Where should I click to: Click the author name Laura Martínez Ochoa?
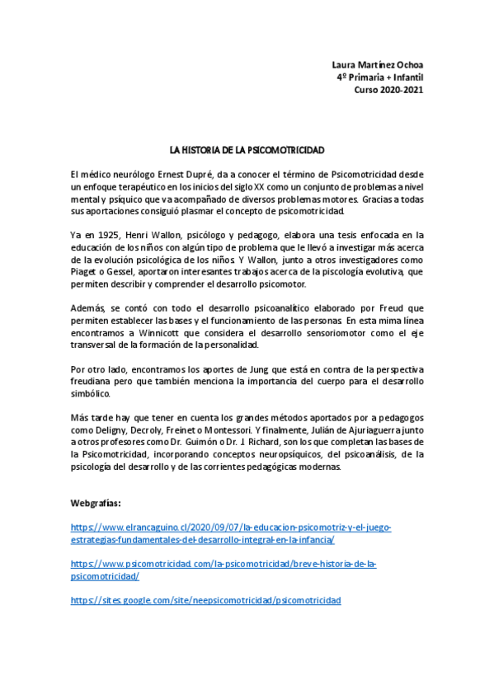coord(378,65)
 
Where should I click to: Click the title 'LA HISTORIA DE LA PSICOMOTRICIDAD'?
coord(247,151)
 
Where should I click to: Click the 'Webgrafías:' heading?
coord(97,503)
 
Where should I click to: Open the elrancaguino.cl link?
coord(231,533)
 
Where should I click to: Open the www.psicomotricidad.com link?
coord(223,570)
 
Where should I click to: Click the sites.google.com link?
coord(205,601)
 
